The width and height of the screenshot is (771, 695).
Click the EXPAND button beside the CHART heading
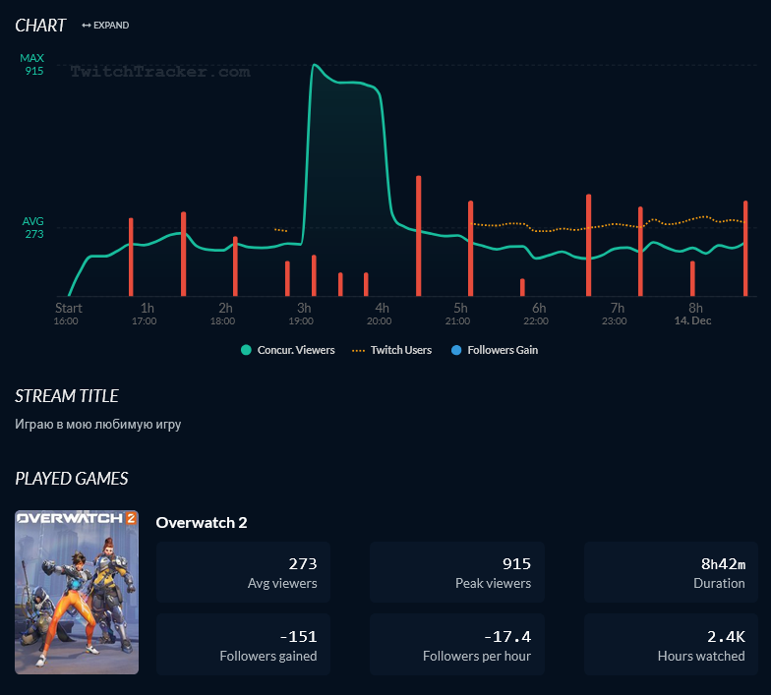105,26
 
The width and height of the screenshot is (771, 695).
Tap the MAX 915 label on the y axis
32,65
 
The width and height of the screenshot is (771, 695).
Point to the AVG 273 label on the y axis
33,228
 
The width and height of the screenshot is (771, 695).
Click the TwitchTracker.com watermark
160,72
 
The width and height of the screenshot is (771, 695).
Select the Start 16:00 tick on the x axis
67,314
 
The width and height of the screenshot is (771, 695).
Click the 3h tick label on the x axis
304,308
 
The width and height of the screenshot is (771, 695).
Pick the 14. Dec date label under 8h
692,321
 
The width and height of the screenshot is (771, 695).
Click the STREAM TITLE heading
67,396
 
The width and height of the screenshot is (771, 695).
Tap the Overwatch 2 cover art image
77,592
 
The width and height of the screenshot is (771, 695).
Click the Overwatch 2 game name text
202,522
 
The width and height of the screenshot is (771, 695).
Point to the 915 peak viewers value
515,563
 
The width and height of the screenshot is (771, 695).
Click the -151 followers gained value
299,636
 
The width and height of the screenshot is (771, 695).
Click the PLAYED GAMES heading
72,479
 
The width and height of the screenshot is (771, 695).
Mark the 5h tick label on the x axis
460,308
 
